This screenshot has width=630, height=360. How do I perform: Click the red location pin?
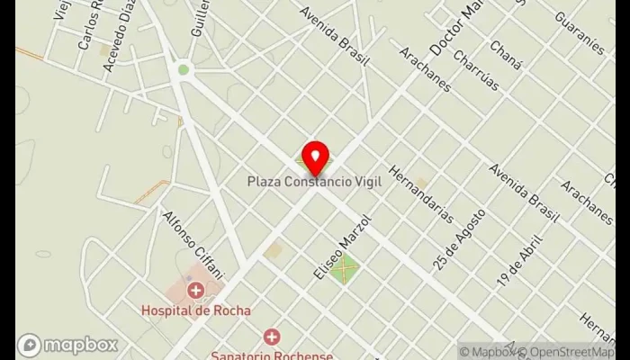coord(314,158)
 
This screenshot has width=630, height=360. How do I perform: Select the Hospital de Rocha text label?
coord(195,310)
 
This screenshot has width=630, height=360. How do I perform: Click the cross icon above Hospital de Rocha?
coord(195,290)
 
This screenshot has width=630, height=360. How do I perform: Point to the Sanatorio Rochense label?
coord(272,354)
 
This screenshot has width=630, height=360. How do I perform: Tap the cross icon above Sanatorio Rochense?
coord(272,336)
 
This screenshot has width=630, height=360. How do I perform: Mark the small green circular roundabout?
coord(184,69)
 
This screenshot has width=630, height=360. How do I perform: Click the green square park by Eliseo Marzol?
coord(343,268)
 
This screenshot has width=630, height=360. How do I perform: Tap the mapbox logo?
coord(67,345)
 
